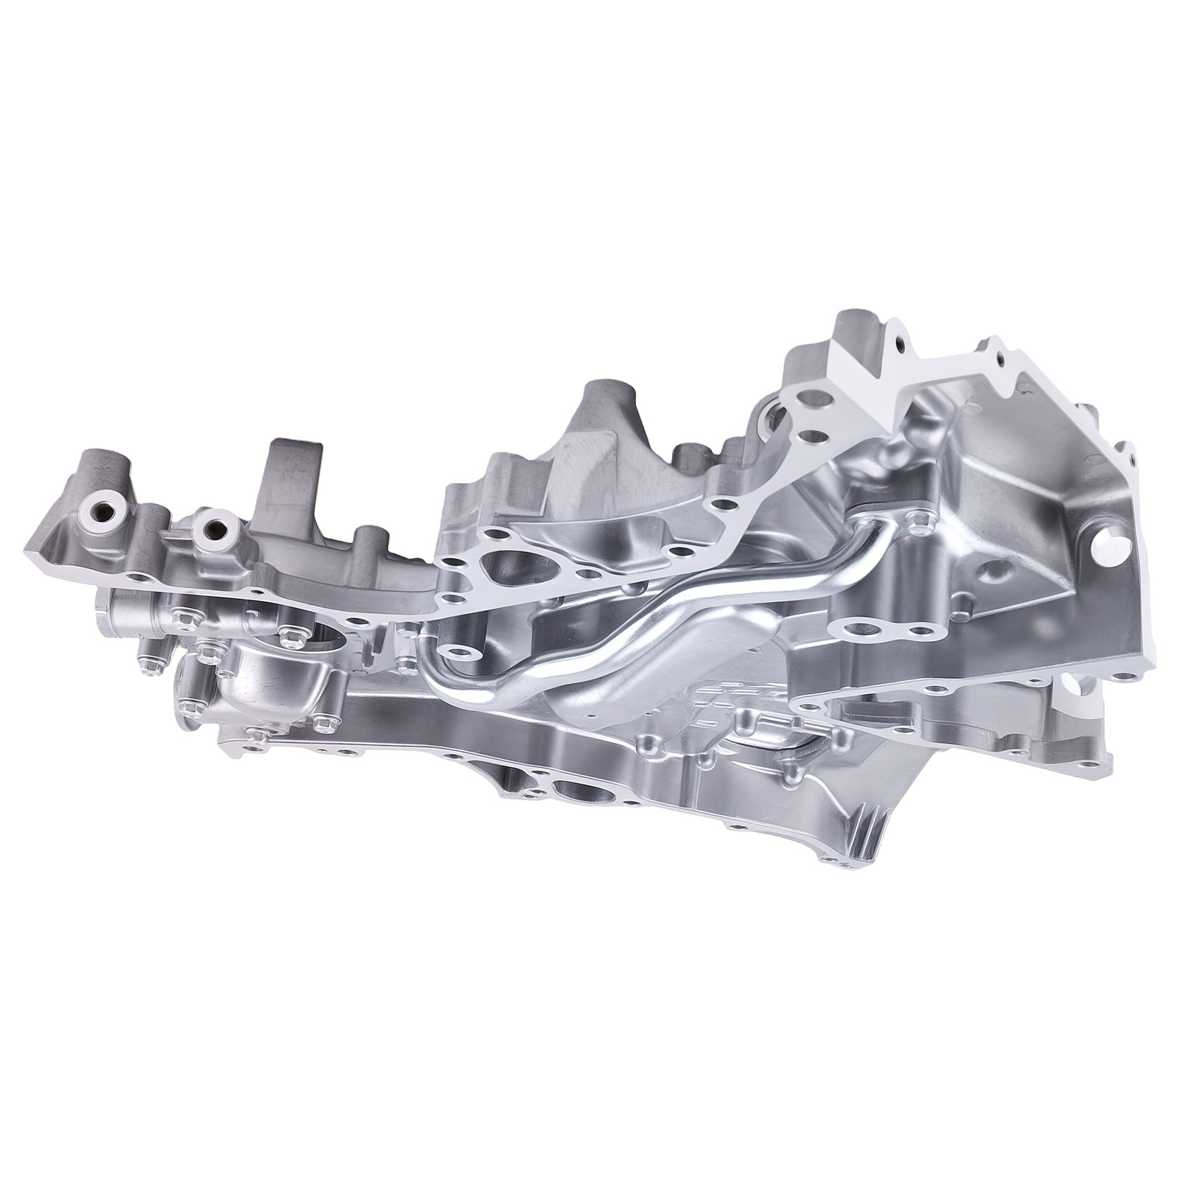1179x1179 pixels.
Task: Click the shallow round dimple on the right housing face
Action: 998,570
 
